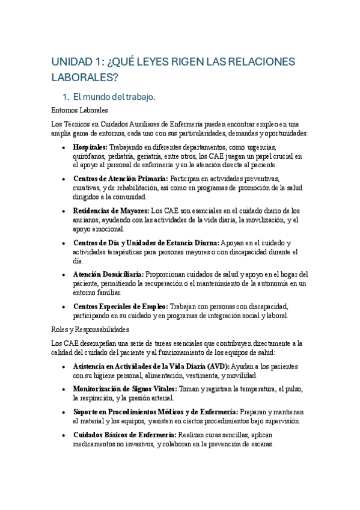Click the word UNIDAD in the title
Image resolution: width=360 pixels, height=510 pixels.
pyautogui.click(x=70, y=62)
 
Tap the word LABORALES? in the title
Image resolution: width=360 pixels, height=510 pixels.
pyautogui.click(x=84, y=77)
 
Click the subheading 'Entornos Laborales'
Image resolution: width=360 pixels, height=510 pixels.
pyautogui.click(x=80, y=110)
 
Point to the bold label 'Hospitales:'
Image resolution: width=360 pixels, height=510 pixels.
pyautogui.click(x=90, y=147)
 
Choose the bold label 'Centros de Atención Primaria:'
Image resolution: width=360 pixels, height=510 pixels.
pyautogui.click(x=121, y=179)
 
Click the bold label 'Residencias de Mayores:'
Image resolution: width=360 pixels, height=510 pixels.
pyautogui.click(x=111, y=211)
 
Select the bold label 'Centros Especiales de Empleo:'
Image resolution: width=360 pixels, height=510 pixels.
pyautogui.click(x=120, y=306)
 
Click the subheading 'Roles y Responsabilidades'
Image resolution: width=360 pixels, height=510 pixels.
pyautogui.click(x=91, y=330)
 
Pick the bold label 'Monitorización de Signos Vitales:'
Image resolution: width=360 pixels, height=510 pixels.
pyautogui.click(x=125, y=389)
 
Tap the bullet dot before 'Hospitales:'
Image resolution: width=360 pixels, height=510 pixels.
pyautogui.click(x=64, y=147)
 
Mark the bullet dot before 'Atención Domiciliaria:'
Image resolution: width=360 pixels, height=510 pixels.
pyautogui.click(x=64, y=274)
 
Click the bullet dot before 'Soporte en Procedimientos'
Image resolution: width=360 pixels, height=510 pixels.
pyautogui.click(x=64, y=412)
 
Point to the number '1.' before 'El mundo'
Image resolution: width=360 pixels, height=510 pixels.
pyautogui.click(x=67, y=96)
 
